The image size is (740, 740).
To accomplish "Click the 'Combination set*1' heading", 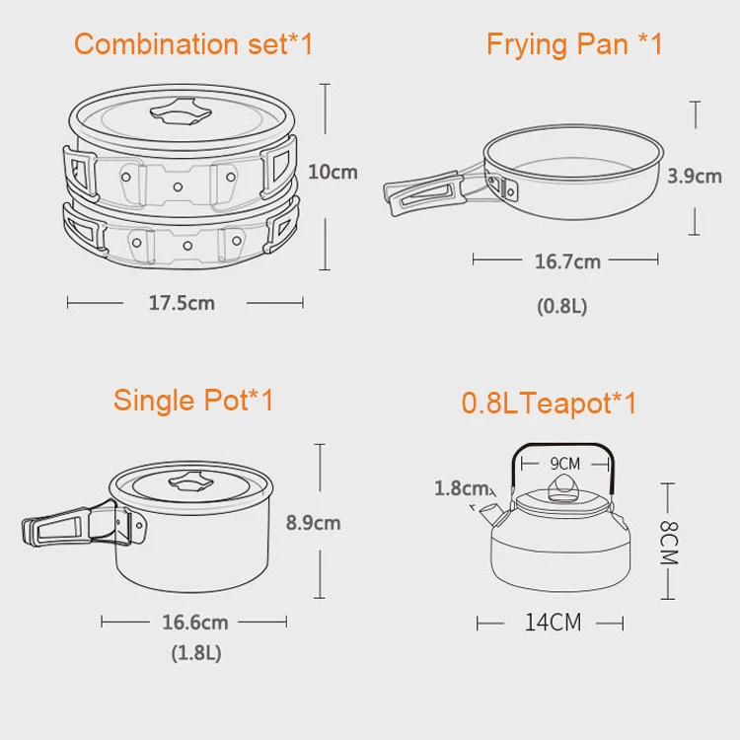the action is pos(193,44).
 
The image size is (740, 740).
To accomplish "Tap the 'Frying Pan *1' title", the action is pos(574,44).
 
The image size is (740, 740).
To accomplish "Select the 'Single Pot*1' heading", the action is pos(193,401).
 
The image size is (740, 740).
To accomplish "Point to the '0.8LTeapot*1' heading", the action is pos(550,404).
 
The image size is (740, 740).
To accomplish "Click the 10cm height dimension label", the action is pos(333,172).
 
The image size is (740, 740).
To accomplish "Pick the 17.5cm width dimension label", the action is pos(182,303).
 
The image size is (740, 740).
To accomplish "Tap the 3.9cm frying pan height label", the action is pos(695,177).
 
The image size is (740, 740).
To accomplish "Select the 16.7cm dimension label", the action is pos(567,261).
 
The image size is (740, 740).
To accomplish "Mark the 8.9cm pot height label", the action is pos(313,523).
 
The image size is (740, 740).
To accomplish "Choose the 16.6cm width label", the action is pos(195,623).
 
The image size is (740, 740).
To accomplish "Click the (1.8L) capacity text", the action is pos(195,653).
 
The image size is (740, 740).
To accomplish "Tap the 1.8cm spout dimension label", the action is pos(462,488).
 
